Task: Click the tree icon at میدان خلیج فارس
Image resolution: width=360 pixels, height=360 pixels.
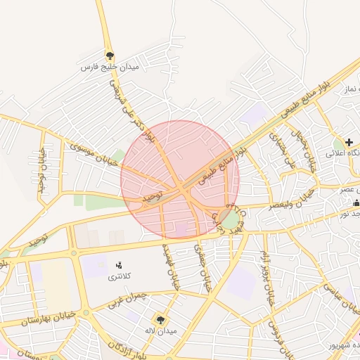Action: pos(109,55)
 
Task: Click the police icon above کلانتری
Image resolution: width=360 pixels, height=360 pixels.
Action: pos(119,265)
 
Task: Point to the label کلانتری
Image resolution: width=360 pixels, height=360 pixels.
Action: pos(119,278)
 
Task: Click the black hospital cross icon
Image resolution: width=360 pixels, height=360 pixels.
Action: pos(349,143)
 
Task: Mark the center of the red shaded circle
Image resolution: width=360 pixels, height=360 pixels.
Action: pos(180,180)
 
